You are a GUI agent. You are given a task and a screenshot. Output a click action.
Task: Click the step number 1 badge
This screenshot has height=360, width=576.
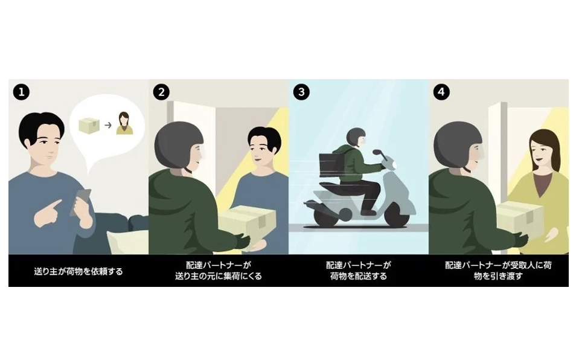pos(21,92)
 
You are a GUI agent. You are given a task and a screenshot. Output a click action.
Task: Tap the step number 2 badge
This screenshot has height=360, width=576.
pos(161,92)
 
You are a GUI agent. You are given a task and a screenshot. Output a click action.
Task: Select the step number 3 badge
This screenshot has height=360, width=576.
pos(301,92)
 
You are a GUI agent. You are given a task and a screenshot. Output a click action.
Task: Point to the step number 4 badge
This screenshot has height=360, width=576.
pos(441,92)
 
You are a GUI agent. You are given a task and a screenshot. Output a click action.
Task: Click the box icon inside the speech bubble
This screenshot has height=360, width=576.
pos(89,125)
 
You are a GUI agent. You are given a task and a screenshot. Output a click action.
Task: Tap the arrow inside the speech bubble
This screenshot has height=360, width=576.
pos(108,125)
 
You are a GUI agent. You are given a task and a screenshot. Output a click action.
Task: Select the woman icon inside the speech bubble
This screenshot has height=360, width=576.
pos(124,123)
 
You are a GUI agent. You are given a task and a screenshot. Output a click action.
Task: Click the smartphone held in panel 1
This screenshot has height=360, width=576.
pos(81,201)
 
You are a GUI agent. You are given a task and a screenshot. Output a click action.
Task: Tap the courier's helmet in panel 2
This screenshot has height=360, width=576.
pos(178,145)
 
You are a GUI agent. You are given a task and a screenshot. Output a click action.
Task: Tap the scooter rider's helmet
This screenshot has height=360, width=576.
pos(355,137)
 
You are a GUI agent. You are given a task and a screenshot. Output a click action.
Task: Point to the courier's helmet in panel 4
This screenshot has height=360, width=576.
pos(458,145)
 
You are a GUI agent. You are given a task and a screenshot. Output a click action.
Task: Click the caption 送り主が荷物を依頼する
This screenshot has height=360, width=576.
pos(78,271)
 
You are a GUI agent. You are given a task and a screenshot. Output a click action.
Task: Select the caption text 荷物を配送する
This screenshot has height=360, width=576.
pos(358,276)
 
